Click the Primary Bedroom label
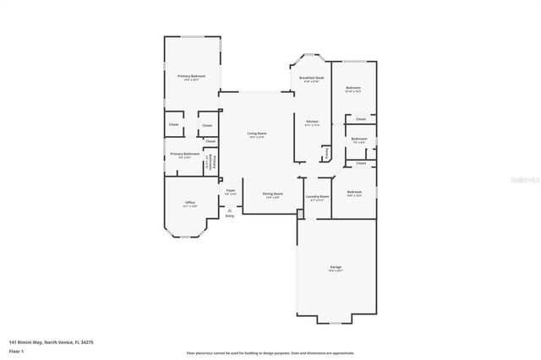(x=191, y=76)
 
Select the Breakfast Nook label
(x=312, y=77)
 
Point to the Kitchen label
(x=312, y=122)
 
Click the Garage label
(x=336, y=268)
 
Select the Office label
(x=190, y=203)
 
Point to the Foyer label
(x=230, y=191)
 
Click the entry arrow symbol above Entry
(x=229, y=210)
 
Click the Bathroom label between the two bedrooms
(x=358, y=139)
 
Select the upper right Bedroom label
(x=353, y=88)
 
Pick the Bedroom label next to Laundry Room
(x=354, y=193)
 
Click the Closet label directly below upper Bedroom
(x=361, y=118)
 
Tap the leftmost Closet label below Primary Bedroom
(x=173, y=124)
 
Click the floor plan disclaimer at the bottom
(x=270, y=352)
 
